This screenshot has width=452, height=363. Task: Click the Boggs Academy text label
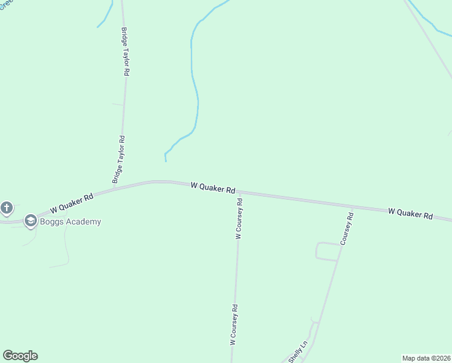[x=71, y=221]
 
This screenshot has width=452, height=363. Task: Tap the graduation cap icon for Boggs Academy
[x=30, y=221]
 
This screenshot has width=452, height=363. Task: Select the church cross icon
[x=7, y=208]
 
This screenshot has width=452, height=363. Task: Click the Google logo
[x=20, y=356]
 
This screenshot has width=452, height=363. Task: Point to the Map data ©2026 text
[x=426, y=358]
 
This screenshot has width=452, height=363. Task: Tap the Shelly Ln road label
[x=298, y=352]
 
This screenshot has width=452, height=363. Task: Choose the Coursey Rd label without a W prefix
[x=346, y=228]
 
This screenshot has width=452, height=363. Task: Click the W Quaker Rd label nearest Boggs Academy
[x=72, y=203]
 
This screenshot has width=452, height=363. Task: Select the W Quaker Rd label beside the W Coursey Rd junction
[x=213, y=188]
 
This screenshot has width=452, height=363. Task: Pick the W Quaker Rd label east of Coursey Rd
[x=410, y=214]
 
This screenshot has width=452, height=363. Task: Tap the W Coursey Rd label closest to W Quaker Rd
[x=239, y=219]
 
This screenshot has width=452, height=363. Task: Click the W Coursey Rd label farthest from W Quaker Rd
[x=233, y=324]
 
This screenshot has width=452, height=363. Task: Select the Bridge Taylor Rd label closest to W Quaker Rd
[x=119, y=159]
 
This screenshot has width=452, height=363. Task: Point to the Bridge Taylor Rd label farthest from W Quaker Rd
[x=125, y=51]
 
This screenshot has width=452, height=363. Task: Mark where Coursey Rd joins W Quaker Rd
[x=352, y=206]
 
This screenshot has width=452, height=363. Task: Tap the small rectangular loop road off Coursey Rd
[x=327, y=251]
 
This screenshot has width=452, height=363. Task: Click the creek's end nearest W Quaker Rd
[x=166, y=160]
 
